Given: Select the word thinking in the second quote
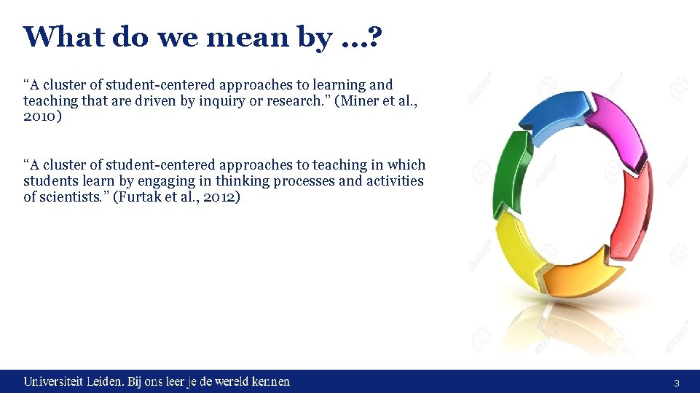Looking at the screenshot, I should point(243,181).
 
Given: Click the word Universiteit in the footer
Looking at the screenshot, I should point(53,381).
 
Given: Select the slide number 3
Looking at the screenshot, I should point(677,383).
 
